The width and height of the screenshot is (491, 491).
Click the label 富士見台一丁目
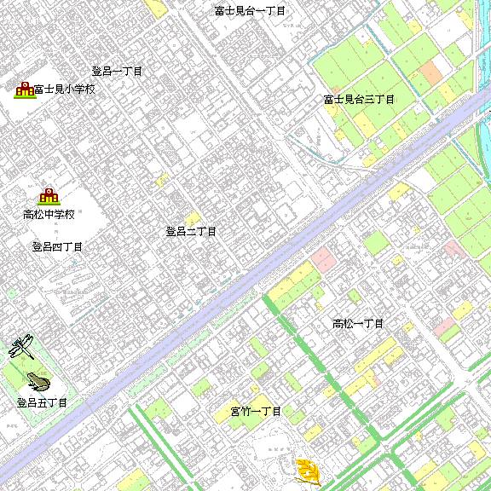click(x=250, y=11)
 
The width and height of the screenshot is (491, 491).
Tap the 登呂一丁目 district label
click(x=117, y=72)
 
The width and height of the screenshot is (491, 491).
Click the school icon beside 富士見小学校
click(x=23, y=88)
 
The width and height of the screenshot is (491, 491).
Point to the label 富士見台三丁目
click(x=359, y=100)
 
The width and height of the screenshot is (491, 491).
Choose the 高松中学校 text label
click(x=49, y=214)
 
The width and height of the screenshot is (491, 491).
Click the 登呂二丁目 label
click(x=191, y=231)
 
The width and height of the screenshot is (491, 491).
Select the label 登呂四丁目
click(x=57, y=247)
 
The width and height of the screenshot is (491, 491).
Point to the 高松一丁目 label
click(x=358, y=324)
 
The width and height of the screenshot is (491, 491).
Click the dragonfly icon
click(x=21, y=346)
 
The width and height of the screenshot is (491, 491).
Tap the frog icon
click(x=37, y=379)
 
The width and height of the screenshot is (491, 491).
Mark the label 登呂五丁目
click(x=42, y=402)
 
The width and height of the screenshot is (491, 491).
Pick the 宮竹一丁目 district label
click(x=256, y=412)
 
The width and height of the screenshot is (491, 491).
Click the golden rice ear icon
click(x=306, y=470)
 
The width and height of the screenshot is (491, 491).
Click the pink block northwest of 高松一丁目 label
click(x=322, y=257)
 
